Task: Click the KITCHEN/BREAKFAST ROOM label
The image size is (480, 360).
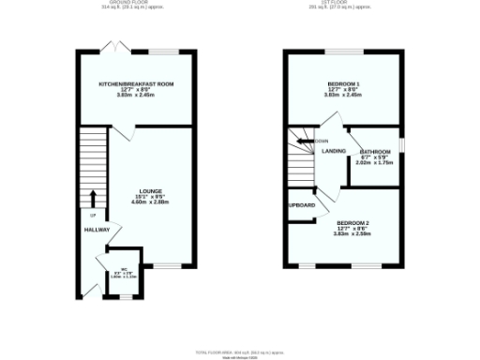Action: click(137, 84)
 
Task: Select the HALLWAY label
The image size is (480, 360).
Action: click(97, 230)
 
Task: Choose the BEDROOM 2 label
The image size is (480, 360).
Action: click(353, 223)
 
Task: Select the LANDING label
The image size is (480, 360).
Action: click(334, 151)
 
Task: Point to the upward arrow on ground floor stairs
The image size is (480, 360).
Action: click(94, 197)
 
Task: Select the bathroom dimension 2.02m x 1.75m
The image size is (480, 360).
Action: click(375, 162)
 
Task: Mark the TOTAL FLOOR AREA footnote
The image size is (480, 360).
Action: click(240, 352)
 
